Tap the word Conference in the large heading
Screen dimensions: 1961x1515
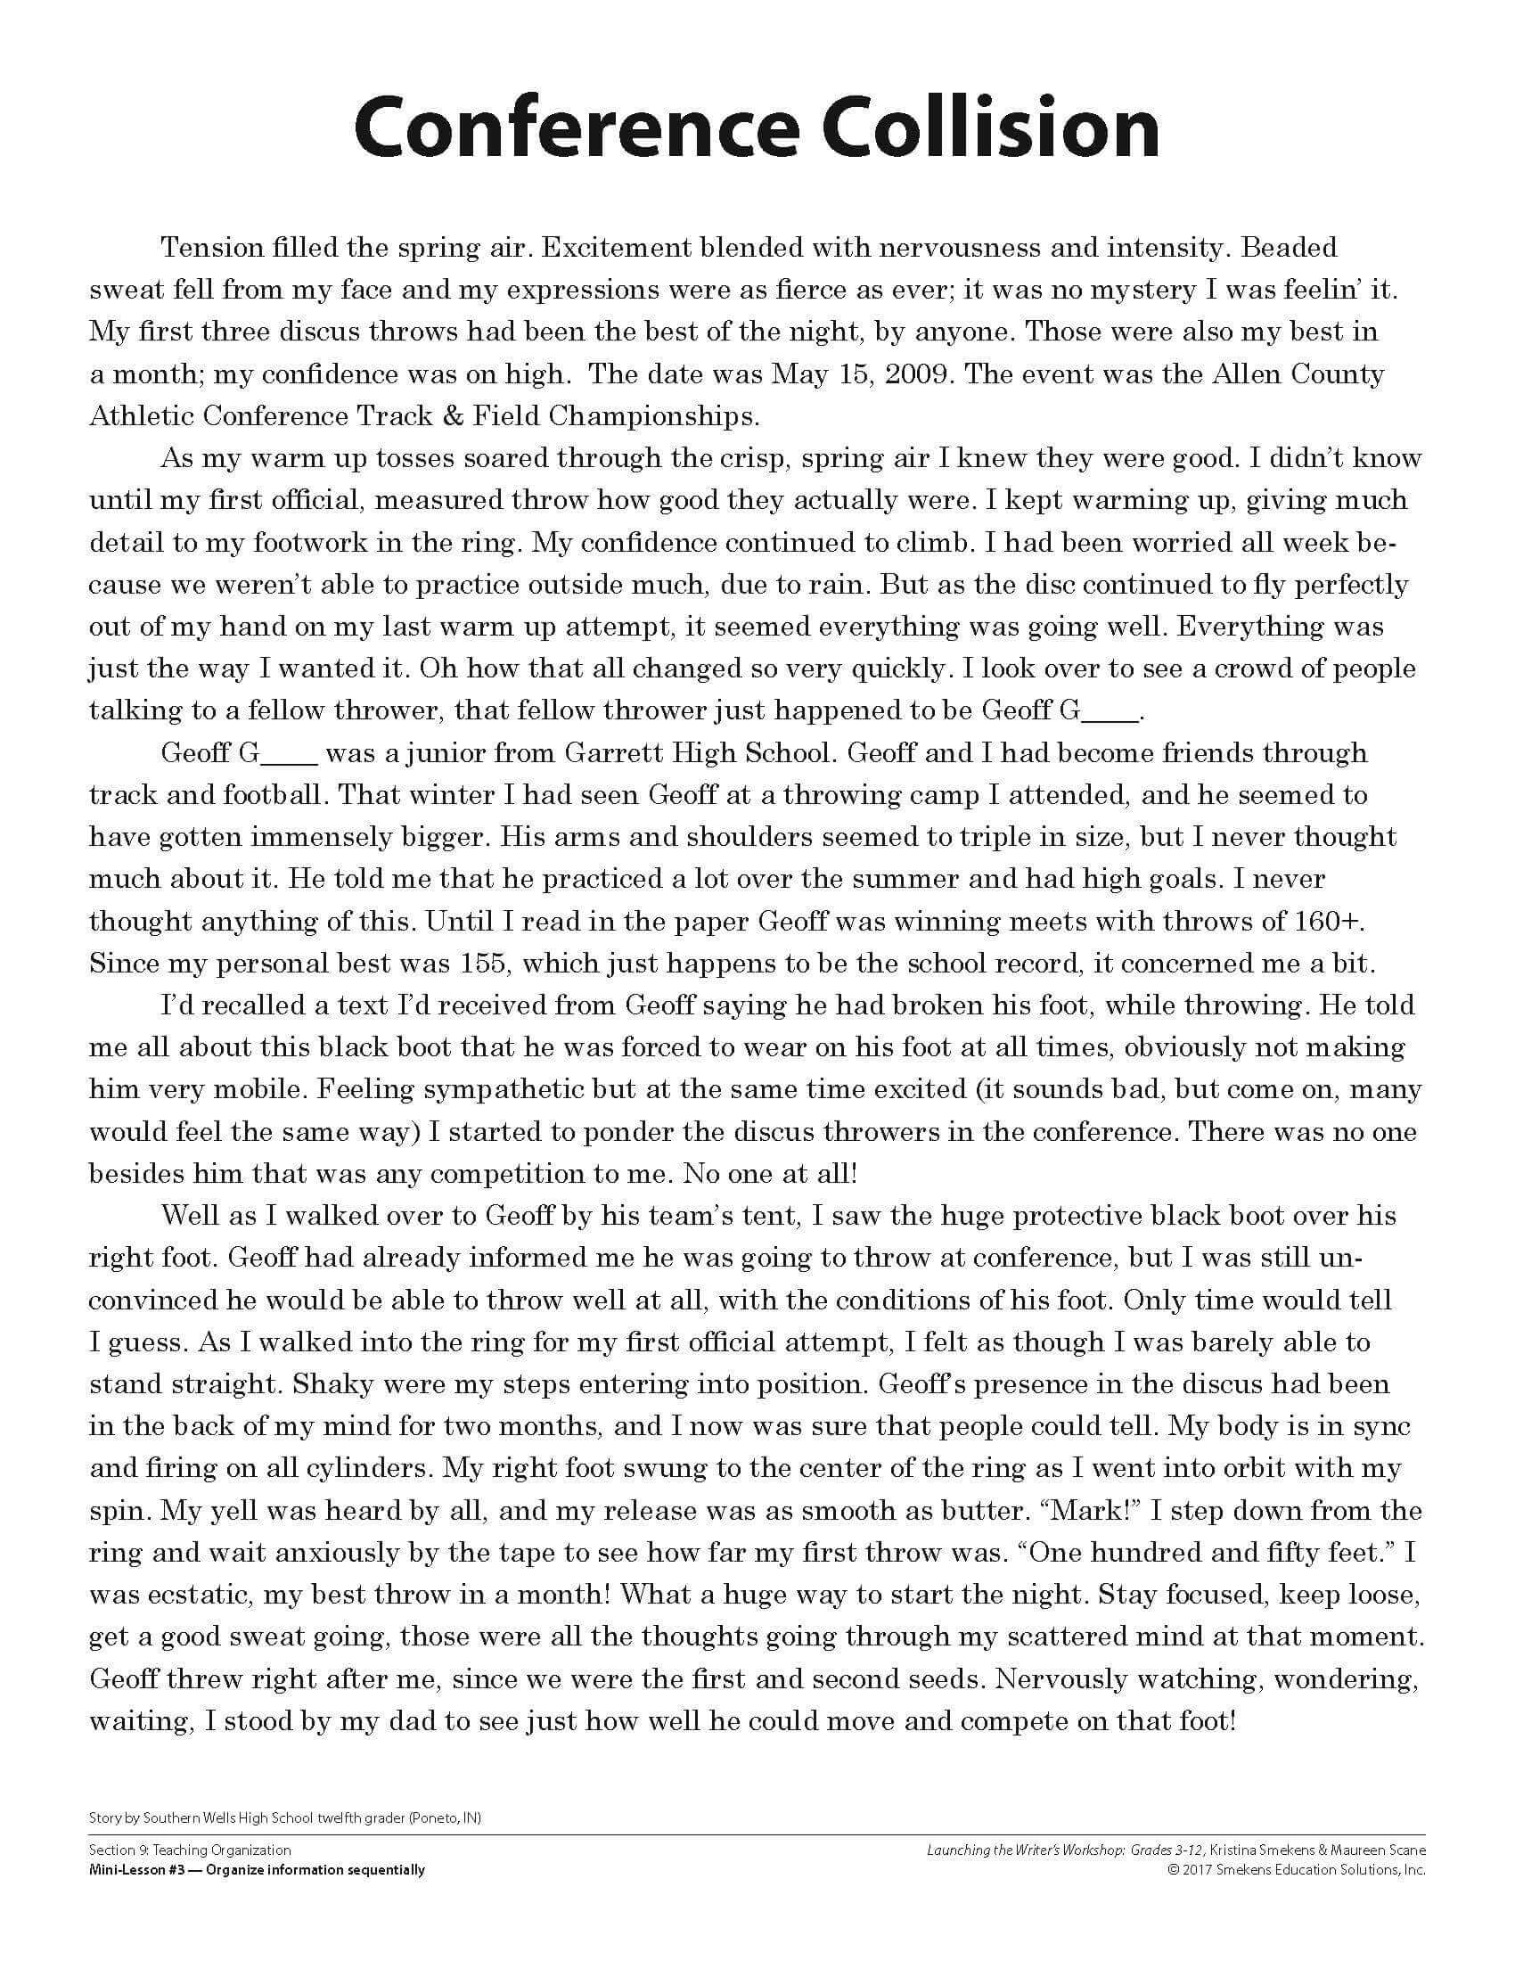(576, 128)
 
